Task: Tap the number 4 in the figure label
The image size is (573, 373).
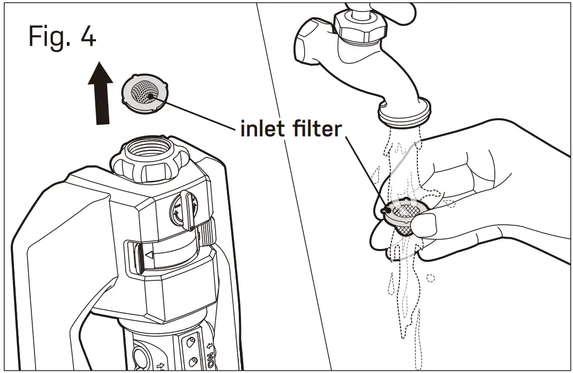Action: pos(86,37)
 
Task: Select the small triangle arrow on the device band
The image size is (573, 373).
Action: pos(149,254)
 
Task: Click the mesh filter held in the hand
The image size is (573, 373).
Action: pos(405,214)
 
